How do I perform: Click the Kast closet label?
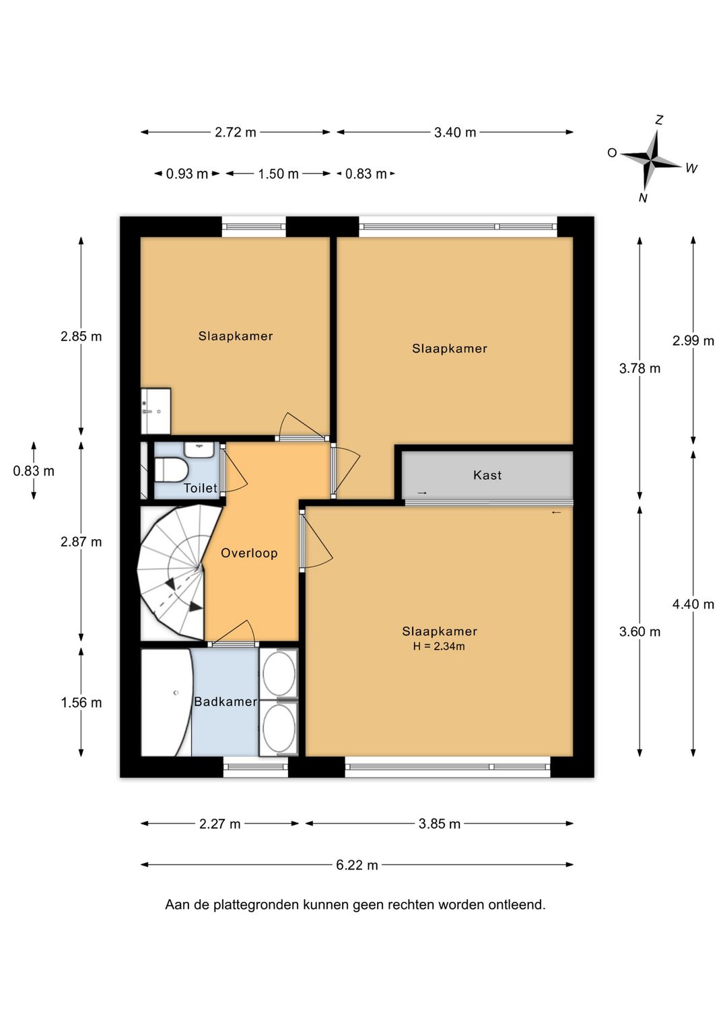click(x=487, y=475)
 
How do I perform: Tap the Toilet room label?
click(x=201, y=488)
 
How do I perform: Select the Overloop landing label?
click(x=249, y=553)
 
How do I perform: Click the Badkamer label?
click(x=226, y=701)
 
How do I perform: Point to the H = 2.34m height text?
click(x=439, y=647)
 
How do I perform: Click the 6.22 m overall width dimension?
click(x=357, y=865)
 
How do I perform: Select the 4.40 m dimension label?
click(x=693, y=604)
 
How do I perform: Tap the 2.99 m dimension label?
click(x=693, y=341)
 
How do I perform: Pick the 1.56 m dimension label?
click(x=81, y=703)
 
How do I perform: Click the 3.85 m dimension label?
click(x=440, y=824)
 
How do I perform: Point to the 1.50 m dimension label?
click(x=278, y=174)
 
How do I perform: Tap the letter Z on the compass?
click(x=659, y=120)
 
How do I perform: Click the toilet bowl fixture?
click(x=171, y=470)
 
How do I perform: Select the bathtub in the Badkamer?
click(x=166, y=703)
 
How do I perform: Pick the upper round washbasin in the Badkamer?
click(x=279, y=674)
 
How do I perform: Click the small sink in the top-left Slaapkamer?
click(x=156, y=411)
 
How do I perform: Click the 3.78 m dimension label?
click(x=639, y=368)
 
